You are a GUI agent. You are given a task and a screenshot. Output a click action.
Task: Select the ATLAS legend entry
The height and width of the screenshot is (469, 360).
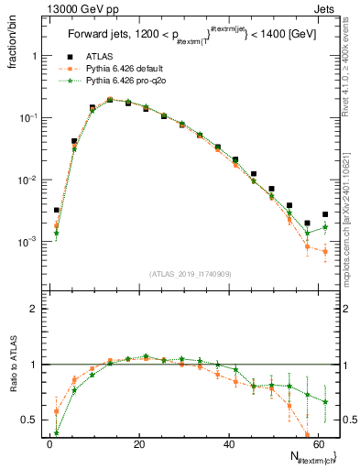(x=93, y=56)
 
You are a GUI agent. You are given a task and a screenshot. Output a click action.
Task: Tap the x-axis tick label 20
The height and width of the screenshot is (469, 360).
(x=138, y=444)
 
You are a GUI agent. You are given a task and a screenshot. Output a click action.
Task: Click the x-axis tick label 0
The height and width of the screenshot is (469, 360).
(x=49, y=444)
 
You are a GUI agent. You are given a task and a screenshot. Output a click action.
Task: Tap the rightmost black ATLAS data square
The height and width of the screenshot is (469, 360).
(x=325, y=214)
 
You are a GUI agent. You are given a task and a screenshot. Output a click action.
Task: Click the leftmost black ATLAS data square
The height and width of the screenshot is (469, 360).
(x=56, y=210)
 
